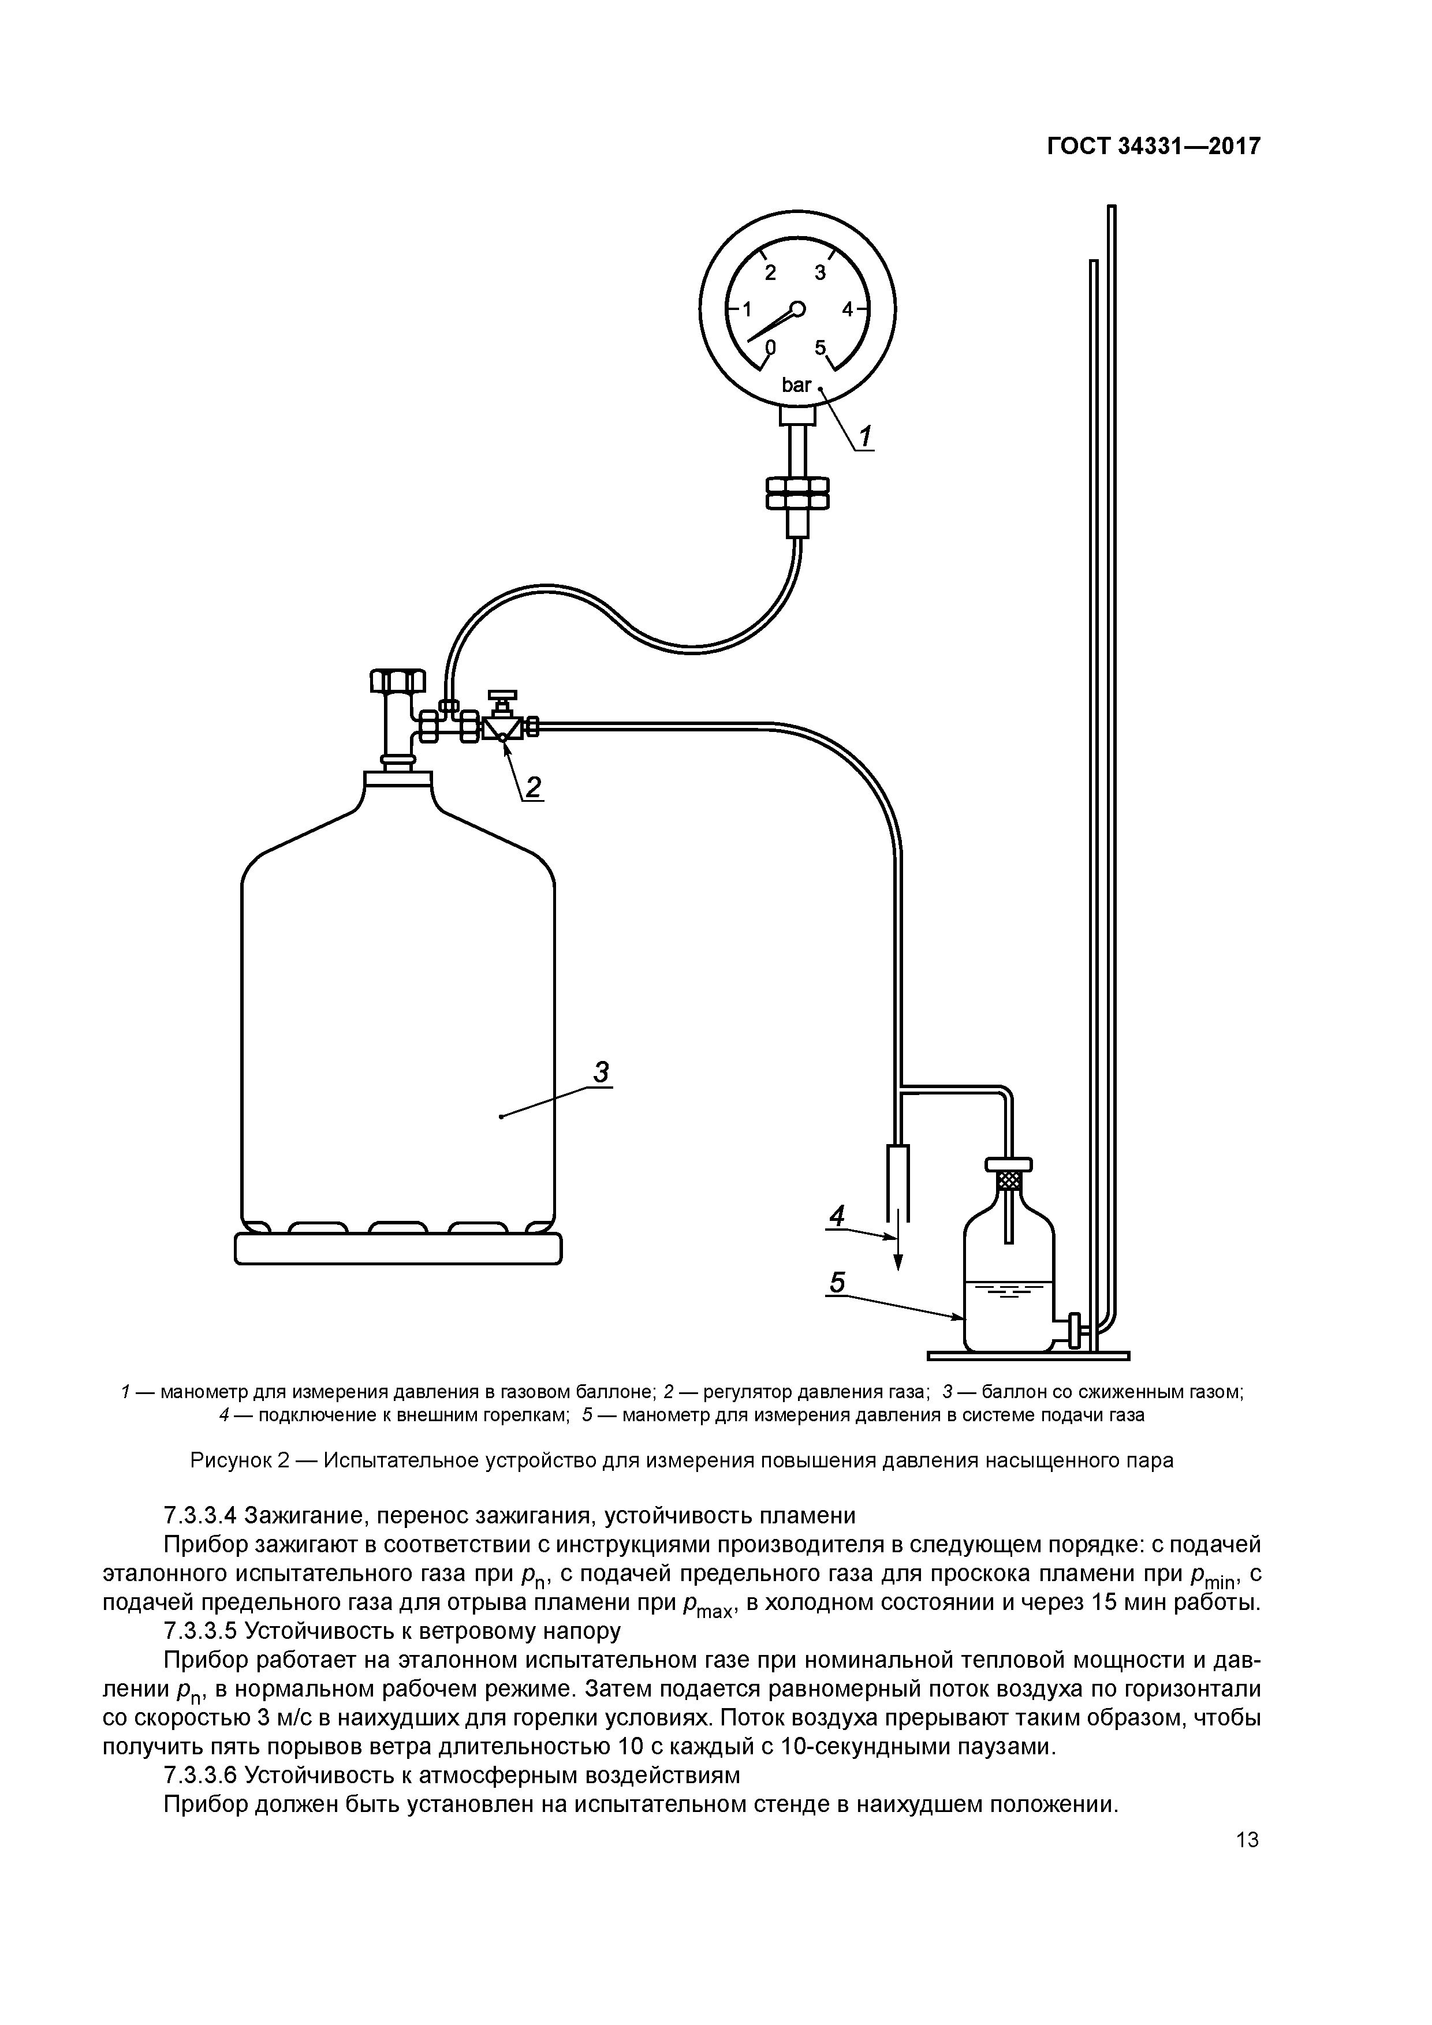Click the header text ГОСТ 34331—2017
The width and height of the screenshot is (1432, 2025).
pyautogui.click(x=1153, y=145)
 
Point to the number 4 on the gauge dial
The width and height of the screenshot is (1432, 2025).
pyautogui.click(x=847, y=309)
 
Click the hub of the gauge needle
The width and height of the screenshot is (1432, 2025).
pyautogui.click(x=797, y=309)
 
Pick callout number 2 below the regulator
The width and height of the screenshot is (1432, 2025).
pyautogui.click(x=533, y=786)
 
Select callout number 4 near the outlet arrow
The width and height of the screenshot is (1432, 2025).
pyautogui.click(x=837, y=1216)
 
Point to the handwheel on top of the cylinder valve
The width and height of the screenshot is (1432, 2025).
pyautogui.click(x=397, y=681)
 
